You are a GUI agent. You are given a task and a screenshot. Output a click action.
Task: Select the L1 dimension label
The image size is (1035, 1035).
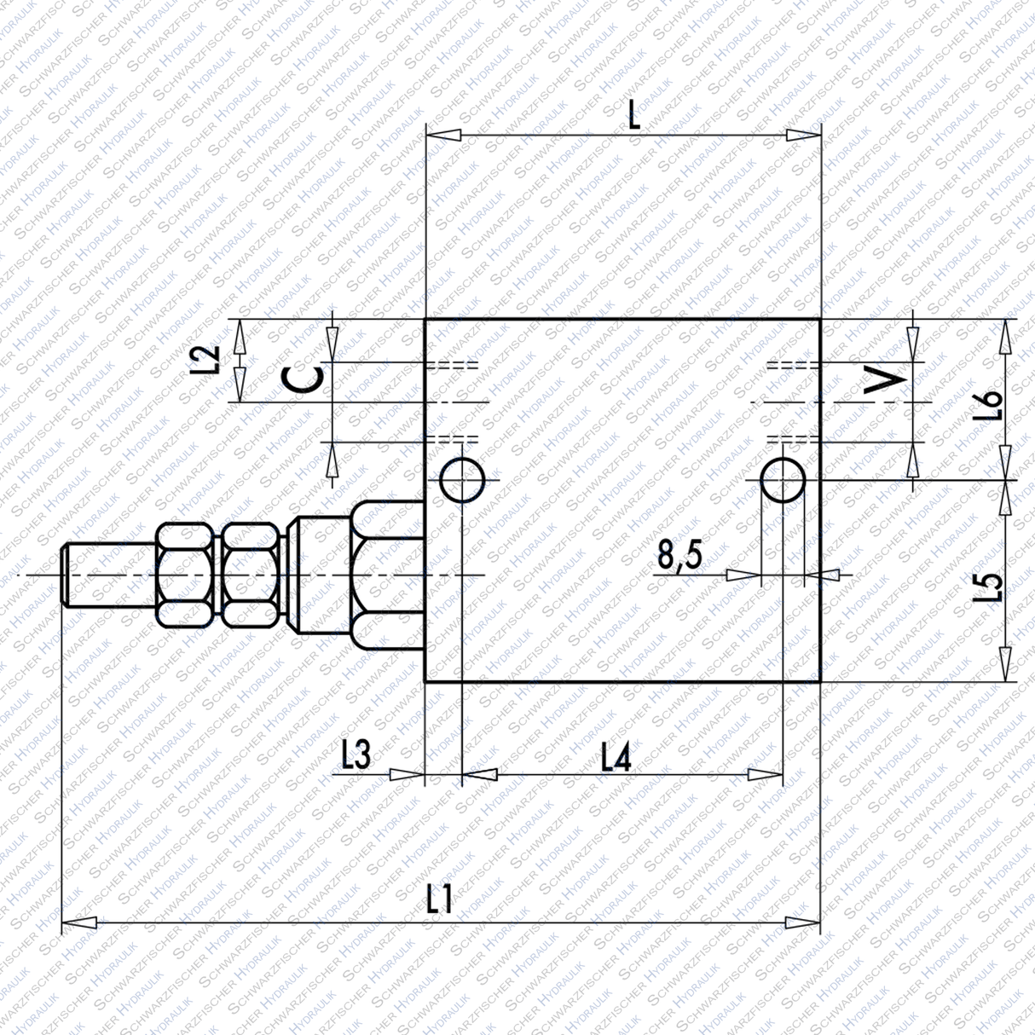coord(440,899)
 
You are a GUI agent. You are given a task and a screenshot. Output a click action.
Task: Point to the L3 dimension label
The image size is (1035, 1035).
coord(356,755)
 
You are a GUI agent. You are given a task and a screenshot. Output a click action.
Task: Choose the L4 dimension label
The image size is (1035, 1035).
coord(616,756)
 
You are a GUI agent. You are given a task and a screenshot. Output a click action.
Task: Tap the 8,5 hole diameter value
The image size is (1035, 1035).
coord(679,556)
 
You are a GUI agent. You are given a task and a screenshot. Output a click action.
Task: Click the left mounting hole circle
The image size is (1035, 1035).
coord(462,480)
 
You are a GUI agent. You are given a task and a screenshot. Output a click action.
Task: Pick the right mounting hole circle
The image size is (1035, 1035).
coord(782,480)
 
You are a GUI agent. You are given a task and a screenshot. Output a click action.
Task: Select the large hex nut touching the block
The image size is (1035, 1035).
coord(387,576)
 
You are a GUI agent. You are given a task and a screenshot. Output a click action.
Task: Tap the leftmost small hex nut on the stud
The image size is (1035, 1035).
coord(184,576)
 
